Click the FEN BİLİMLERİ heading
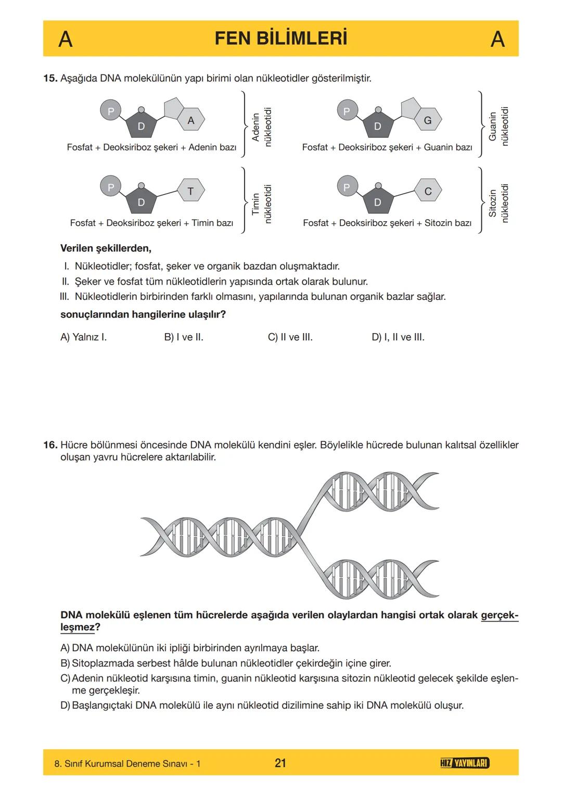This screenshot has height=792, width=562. [280, 39]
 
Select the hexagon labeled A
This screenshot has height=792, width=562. [191, 120]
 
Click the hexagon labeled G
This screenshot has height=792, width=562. [428, 120]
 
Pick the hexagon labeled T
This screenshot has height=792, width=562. [190, 191]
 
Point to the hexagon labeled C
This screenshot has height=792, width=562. [428, 191]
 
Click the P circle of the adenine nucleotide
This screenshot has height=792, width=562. [110, 111]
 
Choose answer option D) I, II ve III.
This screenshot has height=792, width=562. [398, 337]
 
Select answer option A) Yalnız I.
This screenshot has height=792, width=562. [83, 337]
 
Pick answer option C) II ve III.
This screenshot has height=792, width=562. [290, 337]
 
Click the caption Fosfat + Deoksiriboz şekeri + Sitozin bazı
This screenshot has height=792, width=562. [387, 223]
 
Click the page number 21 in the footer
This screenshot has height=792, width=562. [280, 763]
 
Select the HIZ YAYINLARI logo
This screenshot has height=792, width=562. [464, 763]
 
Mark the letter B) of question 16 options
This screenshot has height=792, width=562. [65, 663]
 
